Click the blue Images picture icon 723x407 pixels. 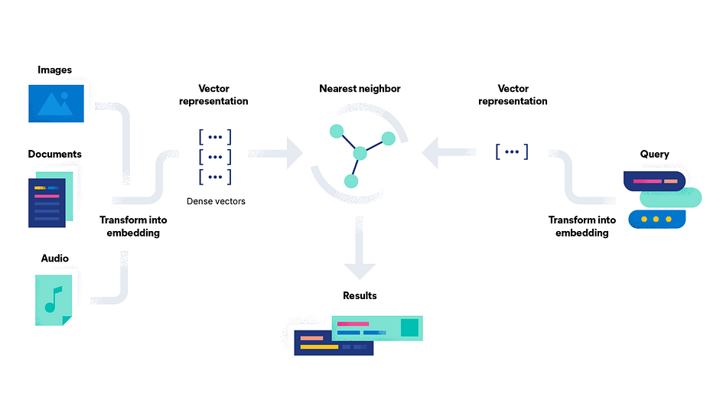[x=55, y=103]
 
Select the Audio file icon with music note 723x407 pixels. [x=54, y=299]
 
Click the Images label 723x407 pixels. [x=55, y=70]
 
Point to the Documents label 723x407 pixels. [x=55, y=155]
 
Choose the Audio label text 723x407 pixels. [x=55, y=259]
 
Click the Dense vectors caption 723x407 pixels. [x=215, y=202]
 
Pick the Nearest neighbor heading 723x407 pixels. [x=360, y=89]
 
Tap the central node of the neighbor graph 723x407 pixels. [x=359, y=154]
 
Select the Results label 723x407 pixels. [x=360, y=295]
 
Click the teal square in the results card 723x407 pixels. [x=410, y=327]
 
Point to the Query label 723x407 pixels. [x=655, y=155]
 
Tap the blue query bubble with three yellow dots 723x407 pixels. [x=656, y=219]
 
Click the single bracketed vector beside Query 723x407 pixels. [x=512, y=151]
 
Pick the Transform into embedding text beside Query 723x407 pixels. [x=582, y=226]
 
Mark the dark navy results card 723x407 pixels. [x=334, y=343]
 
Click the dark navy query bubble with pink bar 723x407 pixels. [x=653, y=181]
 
